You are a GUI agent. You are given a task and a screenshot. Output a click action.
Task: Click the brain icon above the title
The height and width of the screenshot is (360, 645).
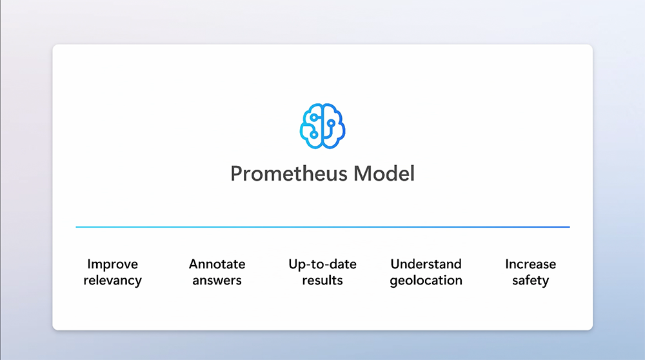(322, 126)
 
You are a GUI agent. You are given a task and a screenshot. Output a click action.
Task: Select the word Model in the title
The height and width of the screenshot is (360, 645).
(384, 173)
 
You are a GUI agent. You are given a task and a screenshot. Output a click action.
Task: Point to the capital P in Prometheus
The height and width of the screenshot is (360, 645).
(237, 173)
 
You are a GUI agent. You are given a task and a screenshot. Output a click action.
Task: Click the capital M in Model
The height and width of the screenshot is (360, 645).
(362, 173)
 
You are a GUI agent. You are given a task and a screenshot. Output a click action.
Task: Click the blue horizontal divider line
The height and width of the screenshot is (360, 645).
(322, 226)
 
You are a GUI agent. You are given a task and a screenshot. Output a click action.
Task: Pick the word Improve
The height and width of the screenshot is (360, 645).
(112, 265)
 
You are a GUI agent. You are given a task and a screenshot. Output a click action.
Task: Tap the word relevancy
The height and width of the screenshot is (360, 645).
(112, 281)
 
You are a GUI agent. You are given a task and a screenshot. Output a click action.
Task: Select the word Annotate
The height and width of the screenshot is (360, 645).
(217, 264)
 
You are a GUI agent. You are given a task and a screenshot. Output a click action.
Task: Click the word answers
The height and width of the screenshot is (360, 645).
(217, 281)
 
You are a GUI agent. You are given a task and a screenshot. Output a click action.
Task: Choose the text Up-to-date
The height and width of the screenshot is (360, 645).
(322, 265)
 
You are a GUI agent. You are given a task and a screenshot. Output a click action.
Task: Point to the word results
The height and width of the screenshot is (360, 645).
(322, 280)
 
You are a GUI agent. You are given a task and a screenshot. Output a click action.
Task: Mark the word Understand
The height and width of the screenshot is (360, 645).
(426, 264)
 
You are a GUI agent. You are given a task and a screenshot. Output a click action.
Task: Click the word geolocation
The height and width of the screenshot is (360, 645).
(426, 281)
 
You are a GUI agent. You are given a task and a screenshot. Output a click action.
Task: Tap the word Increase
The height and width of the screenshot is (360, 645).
(531, 264)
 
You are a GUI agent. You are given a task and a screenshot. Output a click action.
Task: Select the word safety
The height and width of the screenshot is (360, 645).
(531, 281)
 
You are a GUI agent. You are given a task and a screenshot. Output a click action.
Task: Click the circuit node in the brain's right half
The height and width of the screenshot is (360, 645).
(331, 123)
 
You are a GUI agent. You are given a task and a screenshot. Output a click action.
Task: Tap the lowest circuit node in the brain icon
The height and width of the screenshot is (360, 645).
(314, 135)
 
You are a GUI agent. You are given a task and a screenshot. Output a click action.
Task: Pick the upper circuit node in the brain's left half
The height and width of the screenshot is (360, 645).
(314, 117)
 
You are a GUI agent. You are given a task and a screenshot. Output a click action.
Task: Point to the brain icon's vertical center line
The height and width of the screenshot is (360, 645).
(322, 126)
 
